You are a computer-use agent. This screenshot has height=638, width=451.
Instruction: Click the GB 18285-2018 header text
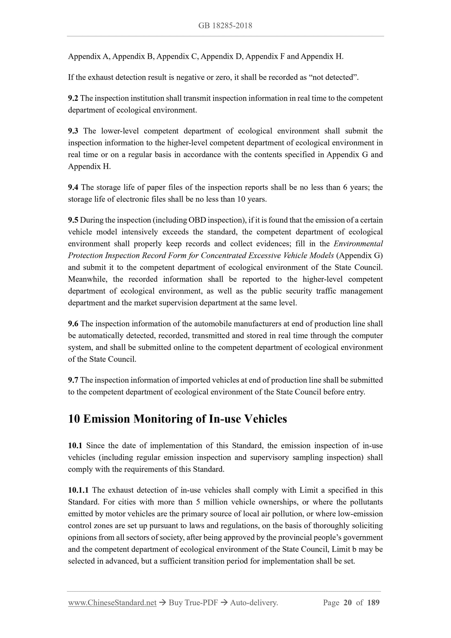click(225, 26)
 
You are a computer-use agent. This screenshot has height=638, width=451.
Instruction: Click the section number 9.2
click(73, 98)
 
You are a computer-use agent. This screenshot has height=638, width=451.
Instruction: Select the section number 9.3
click(73, 131)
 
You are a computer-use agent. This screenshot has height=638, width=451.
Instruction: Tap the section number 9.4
click(73, 187)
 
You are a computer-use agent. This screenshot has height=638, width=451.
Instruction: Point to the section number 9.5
click(73, 220)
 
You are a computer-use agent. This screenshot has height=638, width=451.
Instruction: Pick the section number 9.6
click(73, 324)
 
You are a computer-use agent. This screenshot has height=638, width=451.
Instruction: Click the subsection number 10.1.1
click(78, 490)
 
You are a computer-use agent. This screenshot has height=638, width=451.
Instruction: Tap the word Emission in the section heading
click(106, 419)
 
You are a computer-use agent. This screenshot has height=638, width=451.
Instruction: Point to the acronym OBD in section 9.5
click(197, 220)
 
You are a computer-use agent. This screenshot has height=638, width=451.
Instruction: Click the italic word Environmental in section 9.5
click(358, 244)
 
